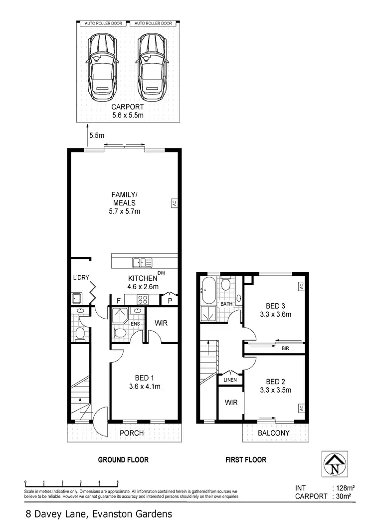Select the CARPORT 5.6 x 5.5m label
[x=127, y=111]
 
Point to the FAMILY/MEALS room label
[x=125, y=202]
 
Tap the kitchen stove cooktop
[x=142, y=300]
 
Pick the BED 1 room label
[x=144, y=381]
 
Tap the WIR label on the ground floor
[x=161, y=324]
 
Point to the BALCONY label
[x=273, y=433]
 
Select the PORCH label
[x=132, y=433]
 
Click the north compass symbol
[x=335, y=464]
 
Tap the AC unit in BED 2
[x=301, y=408]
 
